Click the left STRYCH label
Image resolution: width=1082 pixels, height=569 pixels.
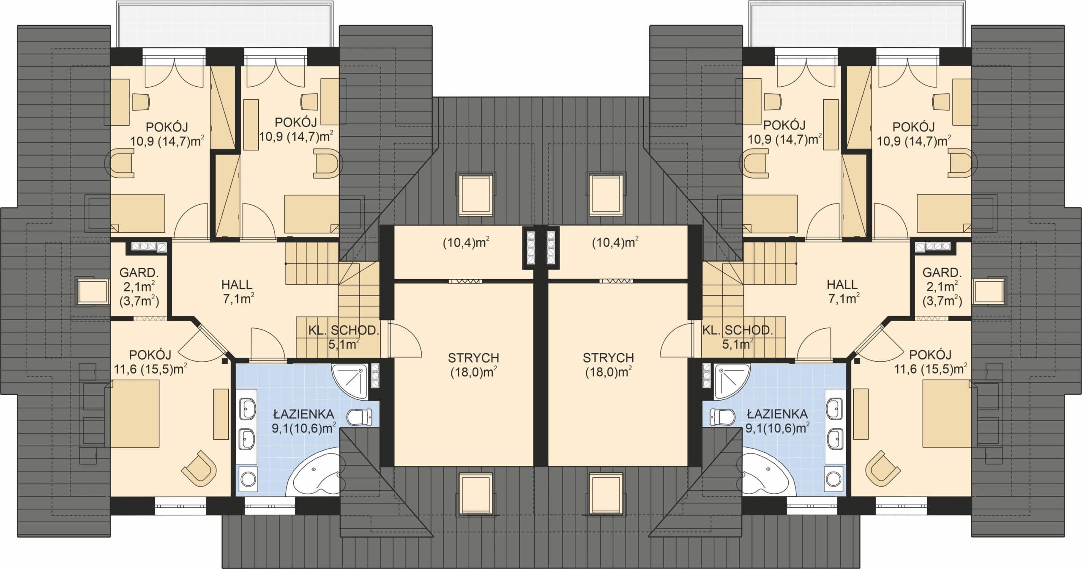[x=473, y=358]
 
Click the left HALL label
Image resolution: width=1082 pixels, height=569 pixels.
[x=237, y=285]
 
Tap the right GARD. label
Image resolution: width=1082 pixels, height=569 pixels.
[x=942, y=272]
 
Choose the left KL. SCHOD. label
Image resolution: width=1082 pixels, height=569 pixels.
[x=343, y=330]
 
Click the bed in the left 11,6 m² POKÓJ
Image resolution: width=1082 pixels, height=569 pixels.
[x=135, y=413]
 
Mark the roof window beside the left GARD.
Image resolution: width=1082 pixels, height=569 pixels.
[x=92, y=291]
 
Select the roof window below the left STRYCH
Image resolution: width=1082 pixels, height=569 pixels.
[x=476, y=494]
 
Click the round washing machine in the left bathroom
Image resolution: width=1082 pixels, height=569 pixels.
[x=248, y=480]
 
